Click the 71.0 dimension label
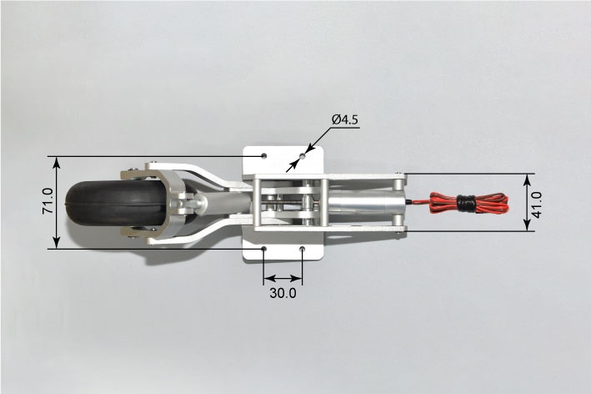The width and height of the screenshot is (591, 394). click(x=48, y=201)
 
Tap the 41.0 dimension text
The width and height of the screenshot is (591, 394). click(x=536, y=205)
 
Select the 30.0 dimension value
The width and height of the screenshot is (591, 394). click(x=283, y=293)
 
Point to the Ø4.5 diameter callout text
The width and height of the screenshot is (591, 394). click(x=345, y=119)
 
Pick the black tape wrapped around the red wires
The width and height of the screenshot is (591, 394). click(x=466, y=204)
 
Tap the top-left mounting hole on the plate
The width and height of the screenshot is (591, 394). click(x=264, y=155)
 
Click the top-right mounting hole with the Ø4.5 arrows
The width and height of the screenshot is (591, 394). click(x=303, y=155)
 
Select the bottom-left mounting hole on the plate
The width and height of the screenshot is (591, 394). click(x=264, y=249)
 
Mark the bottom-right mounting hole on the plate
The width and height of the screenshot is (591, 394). click(x=303, y=249)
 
